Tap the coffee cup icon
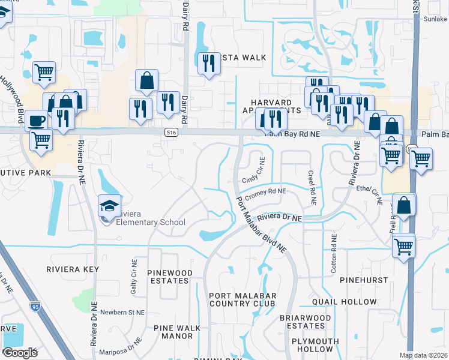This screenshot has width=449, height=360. [37, 120]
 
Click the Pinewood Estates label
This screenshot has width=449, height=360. [170, 277]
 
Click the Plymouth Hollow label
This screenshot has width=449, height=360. [312, 345]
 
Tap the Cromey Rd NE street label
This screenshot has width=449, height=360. [265, 194]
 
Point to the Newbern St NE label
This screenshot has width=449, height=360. [122, 313]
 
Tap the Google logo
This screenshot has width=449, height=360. [20, 352]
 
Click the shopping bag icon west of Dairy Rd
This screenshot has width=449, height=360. [146, 80]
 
